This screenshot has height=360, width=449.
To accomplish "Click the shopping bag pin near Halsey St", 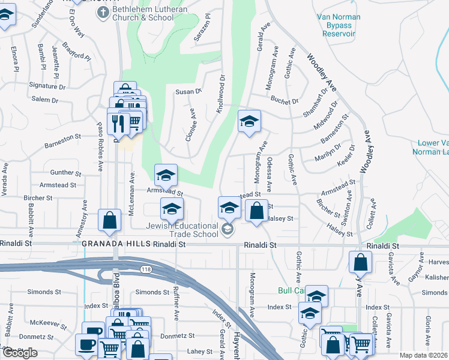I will tap(256, 211).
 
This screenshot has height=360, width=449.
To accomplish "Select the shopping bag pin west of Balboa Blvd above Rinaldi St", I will tap(109, 220).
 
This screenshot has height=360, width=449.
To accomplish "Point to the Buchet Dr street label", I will tap(285, 102).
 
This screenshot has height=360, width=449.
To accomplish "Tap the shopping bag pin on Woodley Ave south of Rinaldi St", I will tap(360, 262).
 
